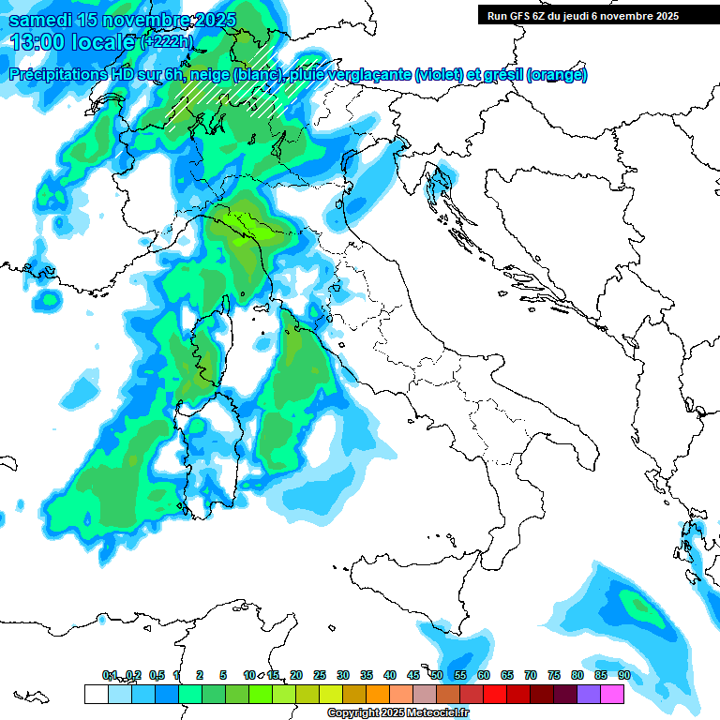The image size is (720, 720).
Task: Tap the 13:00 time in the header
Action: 35,41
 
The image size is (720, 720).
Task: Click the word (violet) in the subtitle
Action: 443,75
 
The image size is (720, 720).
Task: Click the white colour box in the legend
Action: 96,694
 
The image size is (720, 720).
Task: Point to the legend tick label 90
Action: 623,675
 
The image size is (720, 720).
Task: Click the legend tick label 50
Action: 437,675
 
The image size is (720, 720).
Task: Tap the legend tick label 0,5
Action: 157,675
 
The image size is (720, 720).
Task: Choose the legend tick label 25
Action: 320,675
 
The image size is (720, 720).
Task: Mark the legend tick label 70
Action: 531,675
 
